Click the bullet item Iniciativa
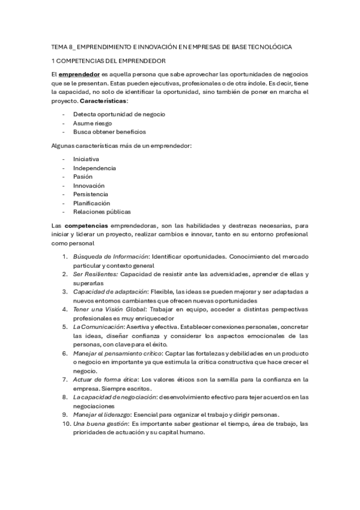pyautogui.click(x=87, y=159)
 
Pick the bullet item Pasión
pyautogui.click(x=83, y=177)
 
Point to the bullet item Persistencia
pyautogui.click(x=91, y=194)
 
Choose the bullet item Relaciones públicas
pyautogui.click(x=102, y=212)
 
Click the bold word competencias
pyautogui.click(x=85, y=225)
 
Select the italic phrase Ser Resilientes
pyautogui.click(x=95, y=274)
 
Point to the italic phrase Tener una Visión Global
pyautogui.click(x=107, y=309)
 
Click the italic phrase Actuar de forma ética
pyautogui.click(x=105, y=379)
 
